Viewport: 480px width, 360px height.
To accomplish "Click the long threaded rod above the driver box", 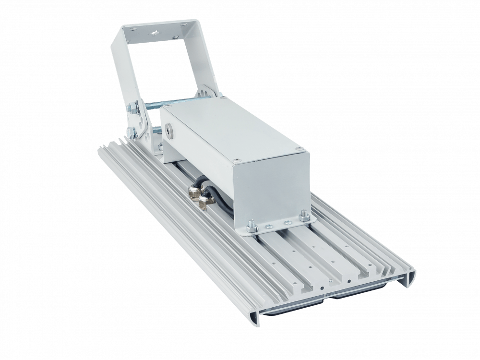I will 182,102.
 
